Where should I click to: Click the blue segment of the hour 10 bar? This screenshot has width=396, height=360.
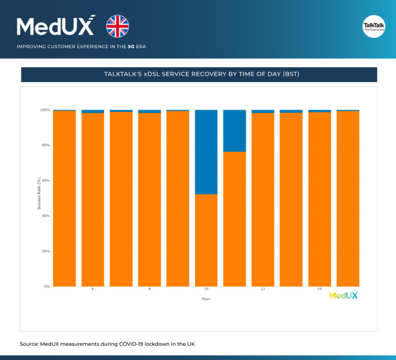[x=206, y=151]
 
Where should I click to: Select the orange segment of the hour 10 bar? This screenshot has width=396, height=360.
[x=206, y=240]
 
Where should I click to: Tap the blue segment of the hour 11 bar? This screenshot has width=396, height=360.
[x=234, y=131]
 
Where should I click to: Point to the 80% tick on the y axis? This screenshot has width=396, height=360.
[x=45, y=145]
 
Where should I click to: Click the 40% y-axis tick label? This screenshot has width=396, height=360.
[x=45, y=216]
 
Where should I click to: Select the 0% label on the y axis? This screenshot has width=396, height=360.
[x=47, y=287]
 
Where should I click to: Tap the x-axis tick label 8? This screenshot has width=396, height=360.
[x=149, y=289]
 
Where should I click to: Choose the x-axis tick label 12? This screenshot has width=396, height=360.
[x=263, y=289]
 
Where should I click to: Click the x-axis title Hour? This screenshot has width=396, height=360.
[x=206, y=298]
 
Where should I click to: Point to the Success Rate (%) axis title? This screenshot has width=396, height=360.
[x=39, y=194]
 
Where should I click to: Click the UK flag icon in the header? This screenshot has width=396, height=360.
[x=118, y=26]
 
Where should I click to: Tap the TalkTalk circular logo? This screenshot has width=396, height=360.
[x=373, y=26]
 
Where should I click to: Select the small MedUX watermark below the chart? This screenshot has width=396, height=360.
[x=343, y=295]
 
